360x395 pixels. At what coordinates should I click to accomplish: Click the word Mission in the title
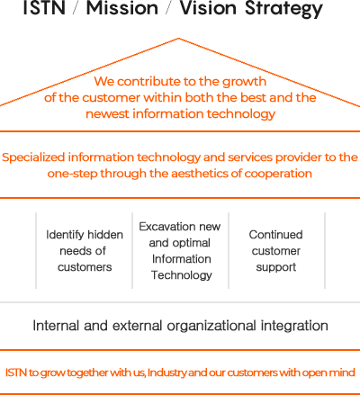pyautogui.click(x=122, y=7)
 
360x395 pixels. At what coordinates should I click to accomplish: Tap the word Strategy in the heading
pyautogui.click(x=283, y=9)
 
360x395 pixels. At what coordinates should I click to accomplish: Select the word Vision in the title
pyautogui.click(x=208, y=7)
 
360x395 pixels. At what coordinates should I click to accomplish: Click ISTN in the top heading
pyautogui.click(x=44, y=7)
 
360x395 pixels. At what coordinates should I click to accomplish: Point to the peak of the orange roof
pyautogui.click(x=178, y=39)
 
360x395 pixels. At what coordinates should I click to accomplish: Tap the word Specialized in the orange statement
pyautogui.click(x=33, y=157)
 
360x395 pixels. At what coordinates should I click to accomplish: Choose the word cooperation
pyautogui.click(x=278, y=174)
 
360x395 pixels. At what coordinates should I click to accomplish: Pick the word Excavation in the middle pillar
pyautogui.click(x=165, y=227)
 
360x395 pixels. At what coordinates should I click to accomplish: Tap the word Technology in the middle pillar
pyautogui.click(x=182, y=275)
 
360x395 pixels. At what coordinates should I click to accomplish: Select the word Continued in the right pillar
pyautogui.click(x=275, y=235)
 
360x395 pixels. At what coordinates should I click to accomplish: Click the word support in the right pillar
pyautogui.click(x=276, y=267)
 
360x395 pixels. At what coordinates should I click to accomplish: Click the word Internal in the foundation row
pyautogui.click(x=56, y=326)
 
